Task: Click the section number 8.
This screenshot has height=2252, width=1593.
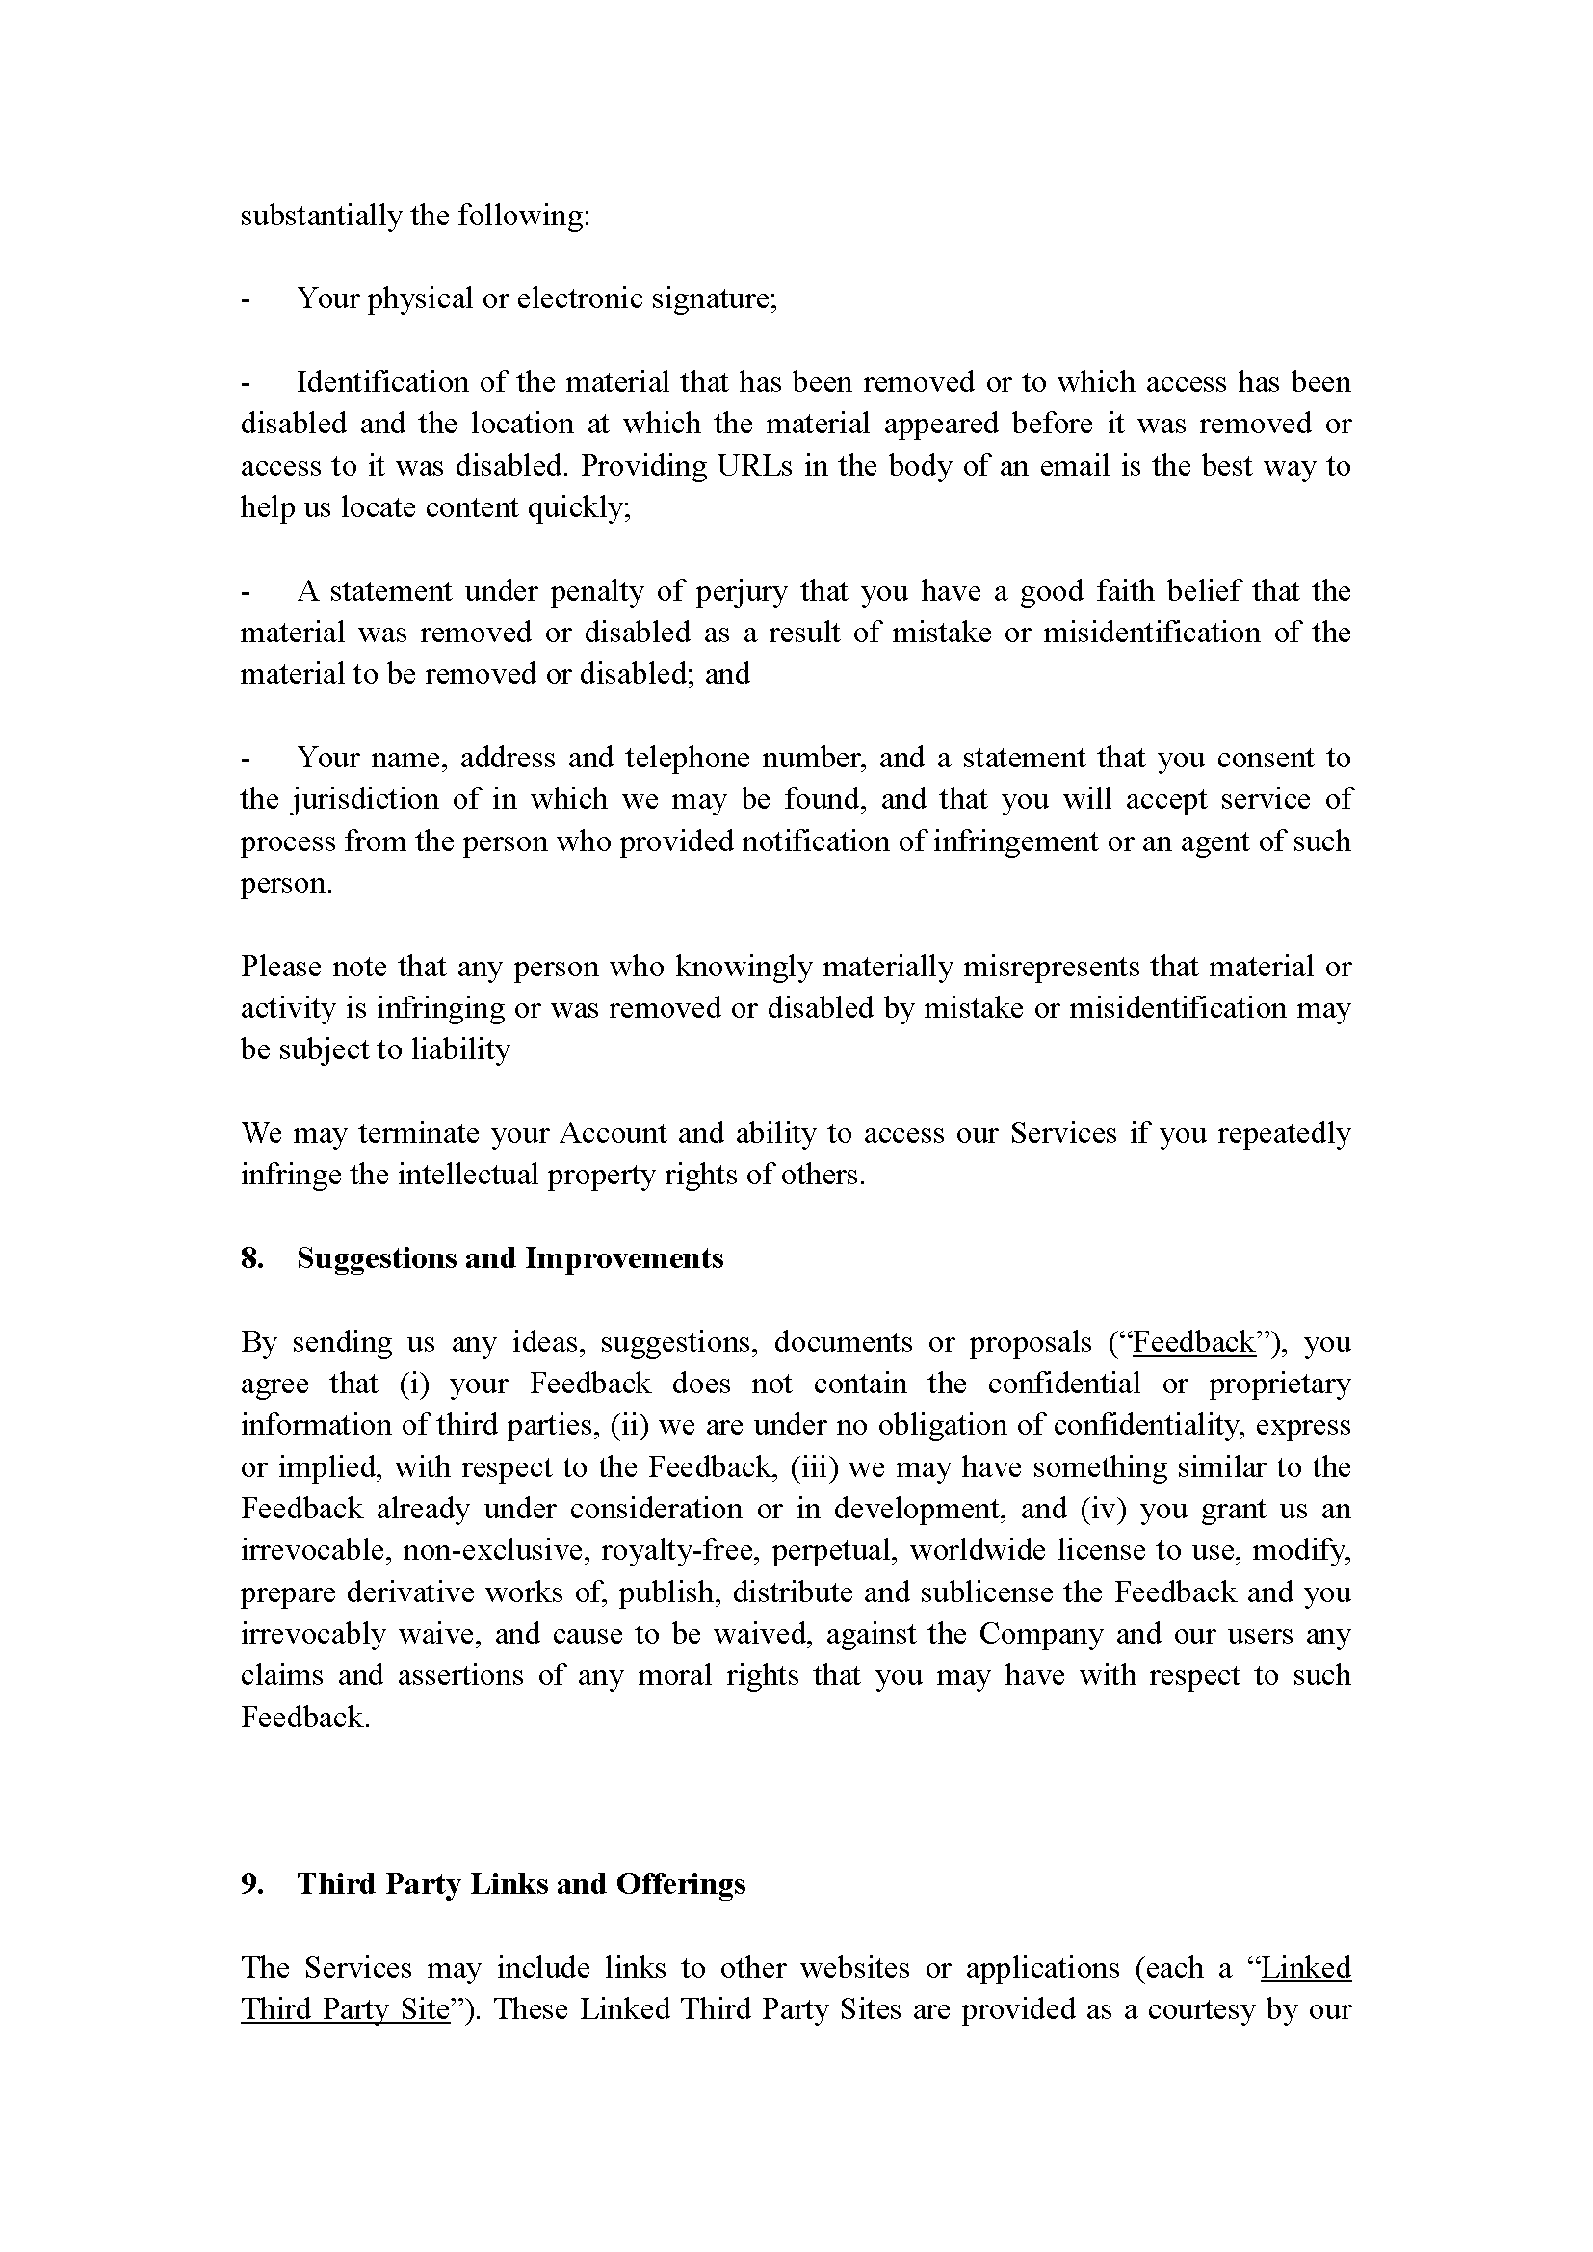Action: [x=251, y=1258]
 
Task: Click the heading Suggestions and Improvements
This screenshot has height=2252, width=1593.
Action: [x=510, y=1258]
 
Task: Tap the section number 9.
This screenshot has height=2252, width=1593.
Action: [x=251, y=1884]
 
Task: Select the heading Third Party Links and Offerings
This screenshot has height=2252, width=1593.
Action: [x=521, y=1884]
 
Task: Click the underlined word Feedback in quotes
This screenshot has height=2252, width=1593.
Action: [x=1193, y=1343]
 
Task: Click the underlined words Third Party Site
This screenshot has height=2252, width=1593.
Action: [x=344, y=2009]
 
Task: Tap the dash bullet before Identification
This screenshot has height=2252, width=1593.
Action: [x=247, y=382]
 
